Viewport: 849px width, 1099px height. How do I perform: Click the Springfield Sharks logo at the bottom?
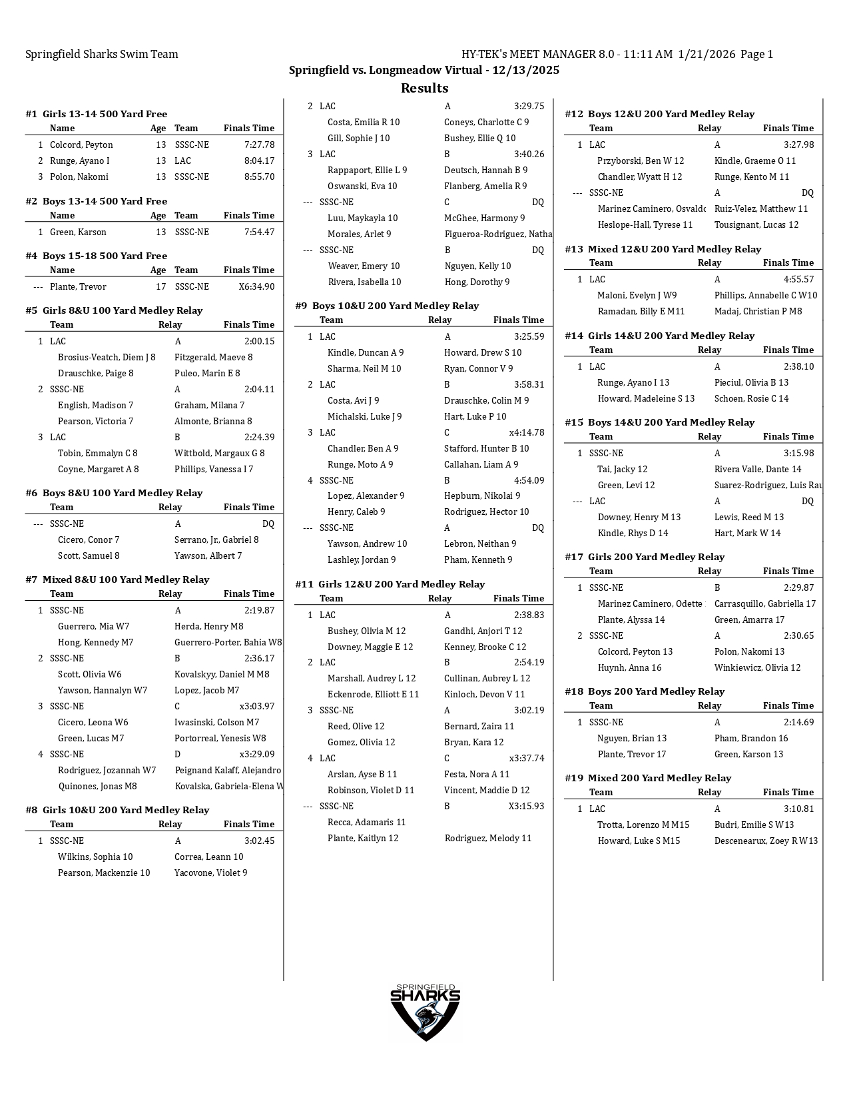(425, 1011)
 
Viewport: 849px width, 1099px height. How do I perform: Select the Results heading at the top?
(424, 88)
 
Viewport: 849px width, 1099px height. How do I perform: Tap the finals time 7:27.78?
(259, 145)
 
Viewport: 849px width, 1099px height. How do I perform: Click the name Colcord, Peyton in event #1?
(81, 145)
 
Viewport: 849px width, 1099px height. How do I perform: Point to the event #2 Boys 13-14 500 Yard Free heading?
(96, 201)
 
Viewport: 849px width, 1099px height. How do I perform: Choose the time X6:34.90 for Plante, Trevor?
(256, 286)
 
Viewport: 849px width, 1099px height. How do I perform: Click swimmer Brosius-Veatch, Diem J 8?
(107, 357)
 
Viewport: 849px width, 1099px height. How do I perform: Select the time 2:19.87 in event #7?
(259, 610)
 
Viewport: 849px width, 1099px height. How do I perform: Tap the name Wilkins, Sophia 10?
(95, 857)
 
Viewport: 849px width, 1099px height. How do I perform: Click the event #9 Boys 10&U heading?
(387, 306)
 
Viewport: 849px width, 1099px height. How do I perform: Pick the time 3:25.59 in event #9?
(529, 336)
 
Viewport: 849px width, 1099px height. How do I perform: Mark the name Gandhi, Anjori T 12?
(483, 631)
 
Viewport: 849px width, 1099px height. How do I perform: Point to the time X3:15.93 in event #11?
(526, 806)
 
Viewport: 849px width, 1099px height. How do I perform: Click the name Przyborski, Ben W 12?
(641, 161)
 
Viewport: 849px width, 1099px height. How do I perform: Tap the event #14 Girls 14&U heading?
(659, 336)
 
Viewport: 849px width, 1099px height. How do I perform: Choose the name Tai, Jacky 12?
(622, 469)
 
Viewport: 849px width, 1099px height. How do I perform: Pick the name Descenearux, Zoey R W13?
(766, 841)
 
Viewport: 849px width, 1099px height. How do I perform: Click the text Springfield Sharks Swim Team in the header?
(102, 54)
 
